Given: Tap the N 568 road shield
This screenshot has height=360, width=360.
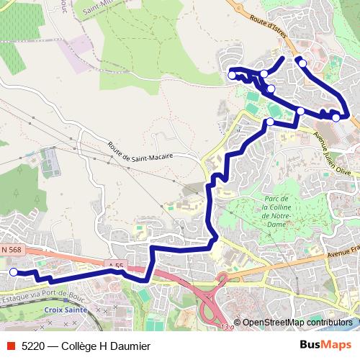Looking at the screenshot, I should pos(12,249).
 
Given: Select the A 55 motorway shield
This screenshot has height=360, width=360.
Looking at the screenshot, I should pos(115,266).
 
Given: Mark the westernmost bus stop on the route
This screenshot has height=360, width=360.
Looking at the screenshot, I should pos(13,271).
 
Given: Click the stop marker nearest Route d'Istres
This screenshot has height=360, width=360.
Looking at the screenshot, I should pos(302,63).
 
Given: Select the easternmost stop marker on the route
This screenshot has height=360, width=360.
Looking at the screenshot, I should pos(336,117).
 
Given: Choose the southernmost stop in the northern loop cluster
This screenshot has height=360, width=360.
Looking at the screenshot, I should pos(270,122).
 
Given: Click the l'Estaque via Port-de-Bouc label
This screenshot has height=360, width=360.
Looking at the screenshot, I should pos(43,295).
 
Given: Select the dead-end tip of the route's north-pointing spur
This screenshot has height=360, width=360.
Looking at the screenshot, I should pos(282,58).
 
